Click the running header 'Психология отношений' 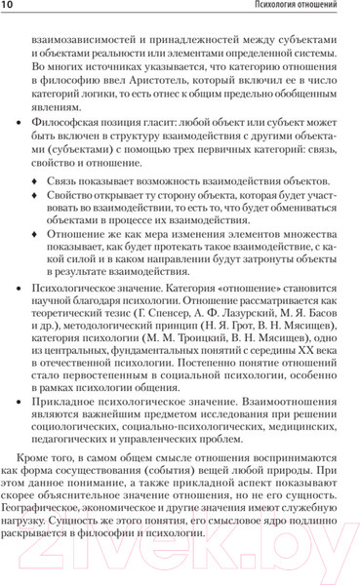tap(297, 11)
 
